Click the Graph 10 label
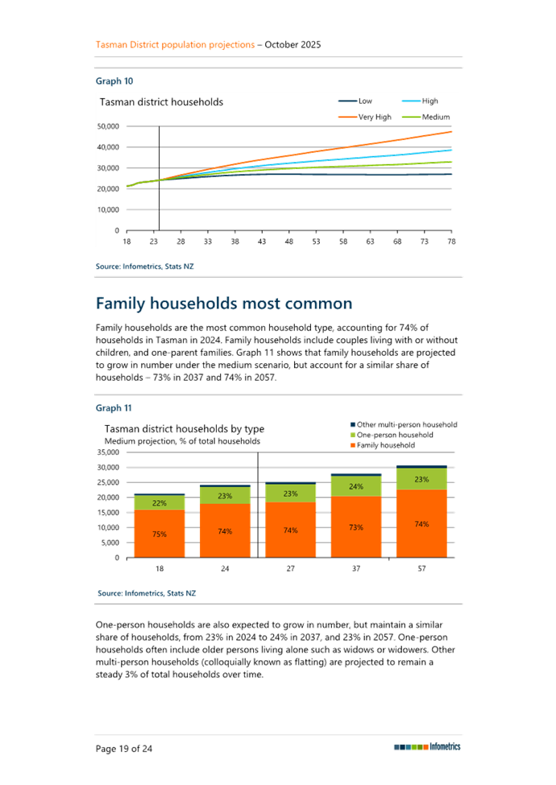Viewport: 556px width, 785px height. pyautogui.click(x=114, y=81)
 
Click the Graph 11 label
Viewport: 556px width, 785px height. pyautogui.click(x=114, y=407)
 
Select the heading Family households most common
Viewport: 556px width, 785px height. pyautogui.click(x=224, y=304)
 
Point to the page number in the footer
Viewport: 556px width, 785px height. pyautogui.click(x=124, y=748)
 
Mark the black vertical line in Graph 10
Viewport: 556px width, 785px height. pyautogui.click(x=159, y=177)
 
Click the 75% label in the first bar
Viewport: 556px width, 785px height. pyautogui.click(x=159, y=534)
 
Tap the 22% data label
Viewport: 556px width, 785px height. pyautogui.click(x=159, y=503)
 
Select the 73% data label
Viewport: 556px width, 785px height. pyautogui.click(x=355, y=527)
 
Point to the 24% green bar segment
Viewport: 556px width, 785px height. pyautogui.click(x=355, y=487)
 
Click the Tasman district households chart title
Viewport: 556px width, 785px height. pyautogui.click(x=160, y=102)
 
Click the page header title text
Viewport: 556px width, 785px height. pyautogui.click(x=208, y=44)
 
